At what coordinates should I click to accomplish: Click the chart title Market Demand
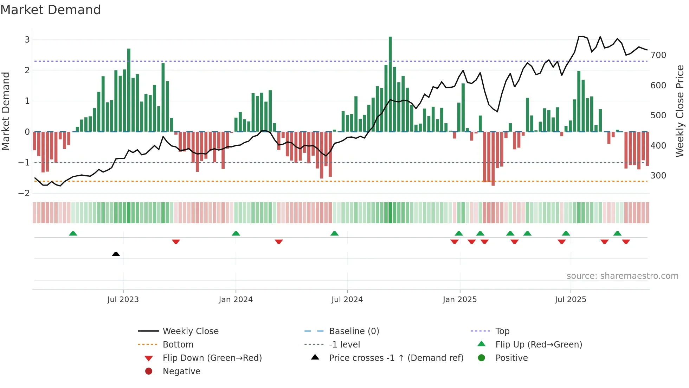51,10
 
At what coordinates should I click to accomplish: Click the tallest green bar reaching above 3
390,85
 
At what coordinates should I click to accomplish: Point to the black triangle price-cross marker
116,254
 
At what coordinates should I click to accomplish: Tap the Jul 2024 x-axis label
347,300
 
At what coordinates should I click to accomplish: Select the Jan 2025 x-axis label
459,300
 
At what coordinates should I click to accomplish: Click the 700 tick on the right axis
658,55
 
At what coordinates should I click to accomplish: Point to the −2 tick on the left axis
24,193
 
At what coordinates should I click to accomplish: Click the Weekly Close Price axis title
680,111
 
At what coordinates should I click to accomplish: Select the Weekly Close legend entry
191,331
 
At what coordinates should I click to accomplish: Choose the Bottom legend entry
178,345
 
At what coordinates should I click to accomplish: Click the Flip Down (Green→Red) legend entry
212,358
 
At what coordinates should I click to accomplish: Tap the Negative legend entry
181,371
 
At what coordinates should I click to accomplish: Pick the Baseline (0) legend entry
354,331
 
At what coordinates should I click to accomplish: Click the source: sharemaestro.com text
622,276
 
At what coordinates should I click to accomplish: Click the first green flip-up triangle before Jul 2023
73,233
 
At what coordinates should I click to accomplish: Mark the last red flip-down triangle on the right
626,242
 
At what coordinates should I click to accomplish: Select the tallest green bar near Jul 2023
129,90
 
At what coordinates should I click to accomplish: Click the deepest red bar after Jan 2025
493,158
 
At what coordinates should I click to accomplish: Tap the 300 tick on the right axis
658,176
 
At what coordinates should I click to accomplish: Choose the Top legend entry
502,331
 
